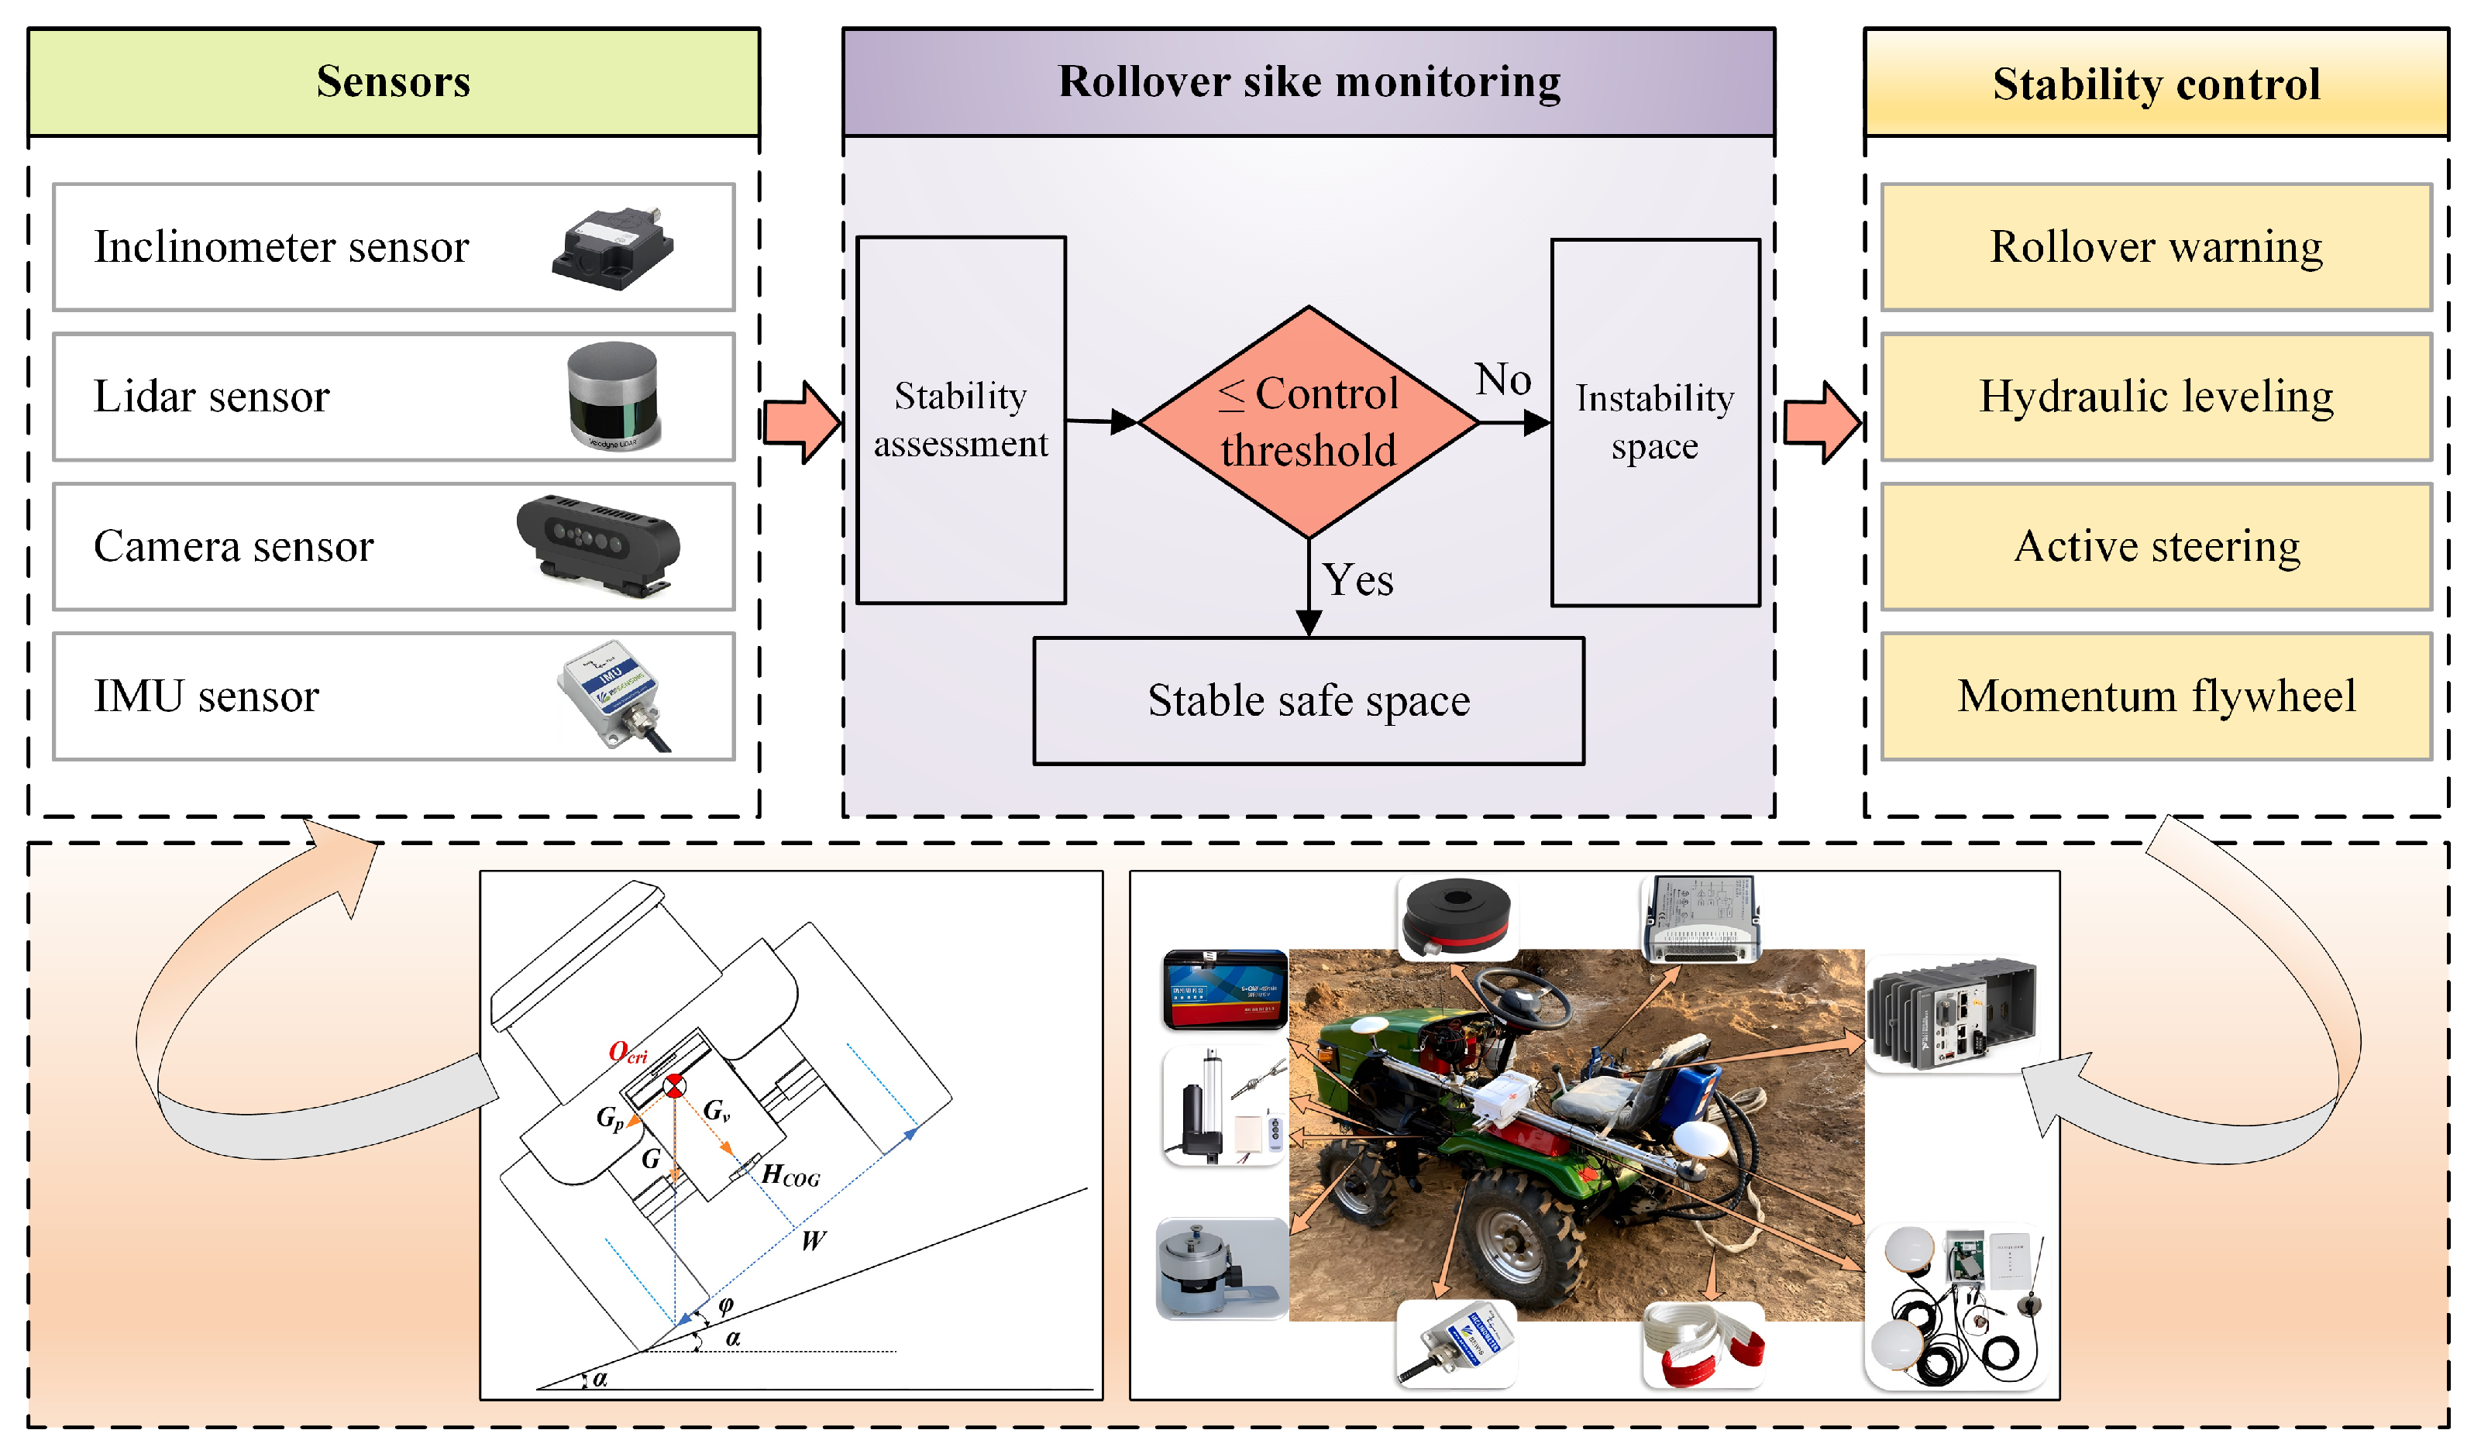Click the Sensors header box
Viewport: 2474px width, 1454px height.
tap(393, 81)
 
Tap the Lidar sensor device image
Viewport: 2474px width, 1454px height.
tap(614, 396)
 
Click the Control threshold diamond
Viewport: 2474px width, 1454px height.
tap(1308, 422)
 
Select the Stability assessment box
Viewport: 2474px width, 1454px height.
tap(960, 420)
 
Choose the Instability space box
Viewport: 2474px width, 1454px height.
tap(1654, 422)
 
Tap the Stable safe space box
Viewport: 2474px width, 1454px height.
tap(1308, 701)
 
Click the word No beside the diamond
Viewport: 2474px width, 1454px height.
tap(1502, 379)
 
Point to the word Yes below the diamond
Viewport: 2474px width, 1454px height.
tap(1357, 580)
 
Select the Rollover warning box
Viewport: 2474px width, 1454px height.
tap(2155, 247)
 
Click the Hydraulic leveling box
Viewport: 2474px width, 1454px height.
tap(2155, 397)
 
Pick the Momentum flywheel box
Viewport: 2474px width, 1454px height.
tap(2155, 696)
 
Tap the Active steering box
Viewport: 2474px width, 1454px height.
tap(2155, 546)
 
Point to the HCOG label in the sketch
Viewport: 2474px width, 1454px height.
tap(790, 1175)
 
